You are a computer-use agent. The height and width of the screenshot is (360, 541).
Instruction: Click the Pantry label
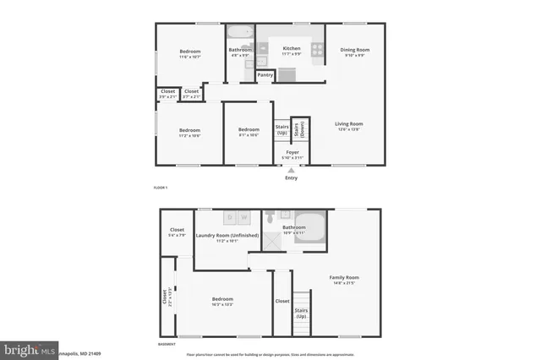pos(265,74)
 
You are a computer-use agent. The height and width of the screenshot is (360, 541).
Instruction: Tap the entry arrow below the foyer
pos(292,171)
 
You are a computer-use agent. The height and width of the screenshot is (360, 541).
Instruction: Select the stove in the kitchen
pos(318,50)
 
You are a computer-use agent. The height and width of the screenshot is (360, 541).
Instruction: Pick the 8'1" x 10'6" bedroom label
pos(248,132)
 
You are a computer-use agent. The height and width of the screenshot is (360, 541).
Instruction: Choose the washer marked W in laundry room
pos(243,217)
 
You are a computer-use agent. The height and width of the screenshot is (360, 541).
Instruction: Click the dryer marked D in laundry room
pos(228,217)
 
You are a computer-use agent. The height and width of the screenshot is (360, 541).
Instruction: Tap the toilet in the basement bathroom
pos(268,217)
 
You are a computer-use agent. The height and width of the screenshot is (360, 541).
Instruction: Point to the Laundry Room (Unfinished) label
pos(229,236)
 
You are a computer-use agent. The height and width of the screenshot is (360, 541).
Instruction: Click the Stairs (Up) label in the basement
pos(301,314)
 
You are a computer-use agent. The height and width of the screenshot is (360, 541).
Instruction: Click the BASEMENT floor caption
pos(167,345)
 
